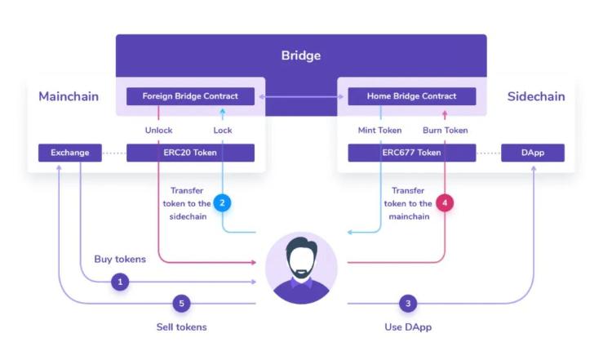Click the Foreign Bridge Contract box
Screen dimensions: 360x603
pyautogui.click(x=190, y=96)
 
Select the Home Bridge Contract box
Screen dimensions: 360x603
pyautogui.click(x=412, y=96)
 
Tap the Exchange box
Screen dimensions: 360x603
pyautogui.click(x=69, y=153)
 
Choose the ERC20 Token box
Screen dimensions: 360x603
pyautogui.click(x=190, y=153)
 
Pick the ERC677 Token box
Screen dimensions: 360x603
pyautogui.click(x=412, y=153)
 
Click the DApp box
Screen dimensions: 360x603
pyautogui.click(x=532, y=153)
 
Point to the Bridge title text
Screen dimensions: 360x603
pyautogui.click(x=301, y=56)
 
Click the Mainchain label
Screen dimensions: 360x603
pyautogui.click(x=69, y=96)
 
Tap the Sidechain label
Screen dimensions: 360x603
pyautogui.click(x=536, y=96)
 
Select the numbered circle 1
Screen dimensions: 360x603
pyautogui.click(x=121, y=282)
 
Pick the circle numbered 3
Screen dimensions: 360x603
pyautogui.click(x=408, y=304)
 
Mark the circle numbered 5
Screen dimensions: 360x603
pyautogui.click(x=182, y=304)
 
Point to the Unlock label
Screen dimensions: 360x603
pyautogui.click(x=158, y=130)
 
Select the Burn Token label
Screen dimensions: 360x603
pyautogui.click(x=445, y=130)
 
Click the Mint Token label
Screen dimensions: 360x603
pyautogui.click(x=380, y=130)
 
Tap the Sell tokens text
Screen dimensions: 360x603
pyautogui.click(x=181, y=327)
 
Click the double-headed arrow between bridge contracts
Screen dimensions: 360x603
pyautogui.click(x=301, y=96)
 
